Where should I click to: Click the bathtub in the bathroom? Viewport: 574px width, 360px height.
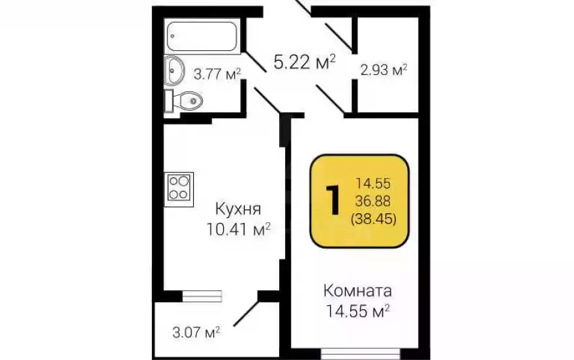[203, 37]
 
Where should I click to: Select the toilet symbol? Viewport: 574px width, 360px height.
[187, 100]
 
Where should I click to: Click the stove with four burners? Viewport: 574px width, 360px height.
[179, 188]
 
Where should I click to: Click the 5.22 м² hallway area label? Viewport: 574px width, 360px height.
[305, 63]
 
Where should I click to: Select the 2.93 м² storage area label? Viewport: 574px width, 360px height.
[384, 69]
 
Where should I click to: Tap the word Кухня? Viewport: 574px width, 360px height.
[238, 210]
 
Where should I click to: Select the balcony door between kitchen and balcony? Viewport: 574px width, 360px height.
[203, 295]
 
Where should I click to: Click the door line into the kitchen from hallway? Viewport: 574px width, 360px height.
[267, 101]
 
